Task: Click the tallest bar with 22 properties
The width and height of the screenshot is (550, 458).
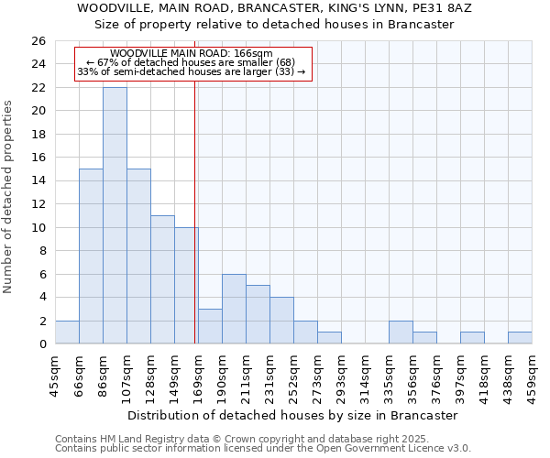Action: coord(115,215)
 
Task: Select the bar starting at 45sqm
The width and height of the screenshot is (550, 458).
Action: coord(67,333)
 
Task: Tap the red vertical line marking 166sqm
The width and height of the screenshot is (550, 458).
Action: coord(195,229)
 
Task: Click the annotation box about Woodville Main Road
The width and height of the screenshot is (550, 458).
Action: coord(192,63)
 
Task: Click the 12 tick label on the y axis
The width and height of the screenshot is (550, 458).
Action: coord(38,204)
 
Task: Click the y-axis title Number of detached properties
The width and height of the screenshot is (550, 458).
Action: coord(9,197)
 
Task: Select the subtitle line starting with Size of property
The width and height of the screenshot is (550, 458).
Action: coord(274,24)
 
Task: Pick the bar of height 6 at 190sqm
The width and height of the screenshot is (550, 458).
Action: coord(234,309)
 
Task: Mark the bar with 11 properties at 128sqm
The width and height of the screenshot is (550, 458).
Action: coord(162,279)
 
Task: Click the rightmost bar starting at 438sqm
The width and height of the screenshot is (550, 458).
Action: coord(520,338)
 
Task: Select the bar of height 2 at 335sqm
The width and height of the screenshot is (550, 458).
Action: coord(401,333)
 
